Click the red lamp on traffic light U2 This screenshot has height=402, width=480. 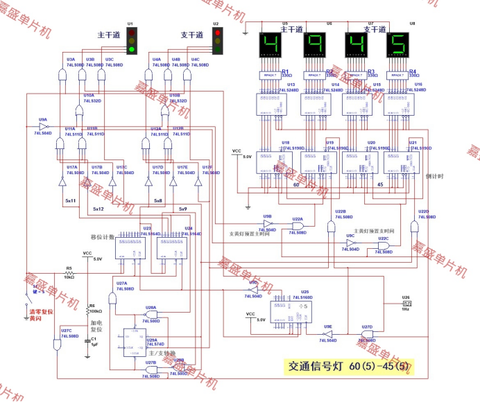pos(216,32)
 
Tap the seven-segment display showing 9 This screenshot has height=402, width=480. pos(314,46)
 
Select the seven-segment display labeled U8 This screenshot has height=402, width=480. pos(397,46)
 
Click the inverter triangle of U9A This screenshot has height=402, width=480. pos(44,127)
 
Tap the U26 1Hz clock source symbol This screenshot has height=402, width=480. pos(406,304)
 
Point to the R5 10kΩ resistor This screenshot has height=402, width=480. pos(69,274)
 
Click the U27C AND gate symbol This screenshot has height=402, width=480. pos(55,344)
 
